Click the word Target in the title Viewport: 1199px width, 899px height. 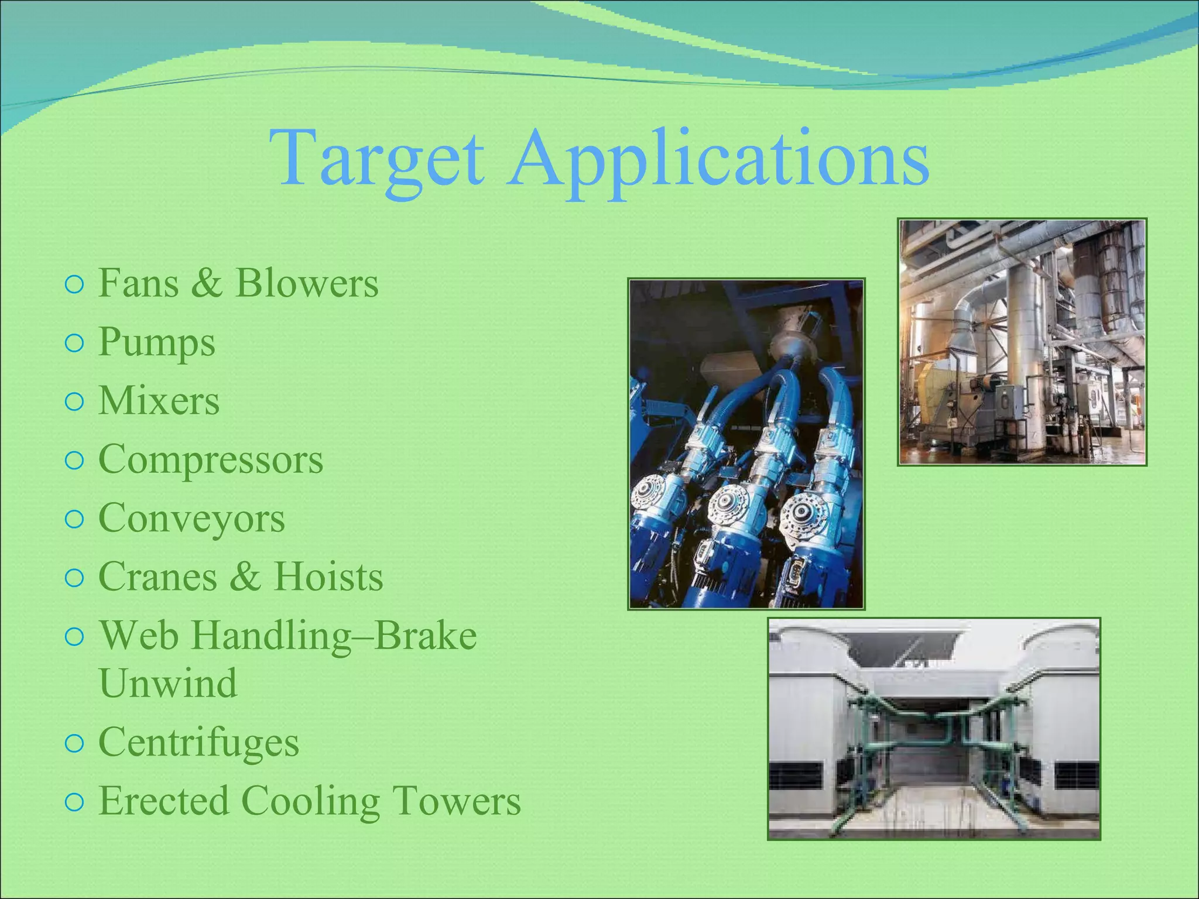point(377,159)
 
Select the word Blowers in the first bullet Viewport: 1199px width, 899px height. point(307,284)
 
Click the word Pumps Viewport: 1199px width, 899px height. point(157,343)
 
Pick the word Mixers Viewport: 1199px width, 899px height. point(159,401)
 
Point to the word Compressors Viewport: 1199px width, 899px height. point(211,459)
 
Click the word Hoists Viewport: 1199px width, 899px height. point(328,577)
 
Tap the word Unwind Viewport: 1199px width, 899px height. point(168,683)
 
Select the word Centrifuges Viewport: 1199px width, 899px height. point(199,743)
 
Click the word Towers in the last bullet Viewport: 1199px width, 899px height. point(457,801)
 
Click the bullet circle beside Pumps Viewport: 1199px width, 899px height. point(74,344)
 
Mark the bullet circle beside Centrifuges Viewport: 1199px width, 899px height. point(74,743)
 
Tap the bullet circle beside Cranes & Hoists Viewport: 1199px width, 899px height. point(74,578)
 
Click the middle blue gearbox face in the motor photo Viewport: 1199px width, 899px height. point(729,503)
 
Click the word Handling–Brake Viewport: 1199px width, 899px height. point(334,636)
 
